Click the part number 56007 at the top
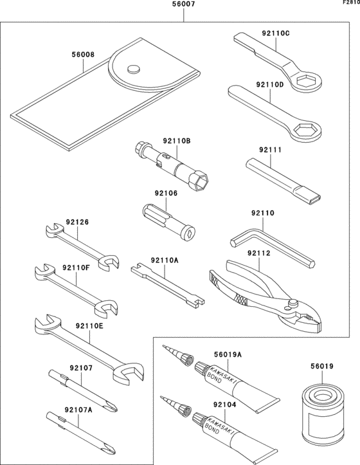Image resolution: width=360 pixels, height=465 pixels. [184, 5]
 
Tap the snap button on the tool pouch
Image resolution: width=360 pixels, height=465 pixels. [134, 68]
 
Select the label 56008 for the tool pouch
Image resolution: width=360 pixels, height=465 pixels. [84, 55]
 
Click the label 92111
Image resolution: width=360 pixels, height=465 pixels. [271, 150]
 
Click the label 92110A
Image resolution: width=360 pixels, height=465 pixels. [165, 260]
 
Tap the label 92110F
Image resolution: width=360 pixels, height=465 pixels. [76, 267]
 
